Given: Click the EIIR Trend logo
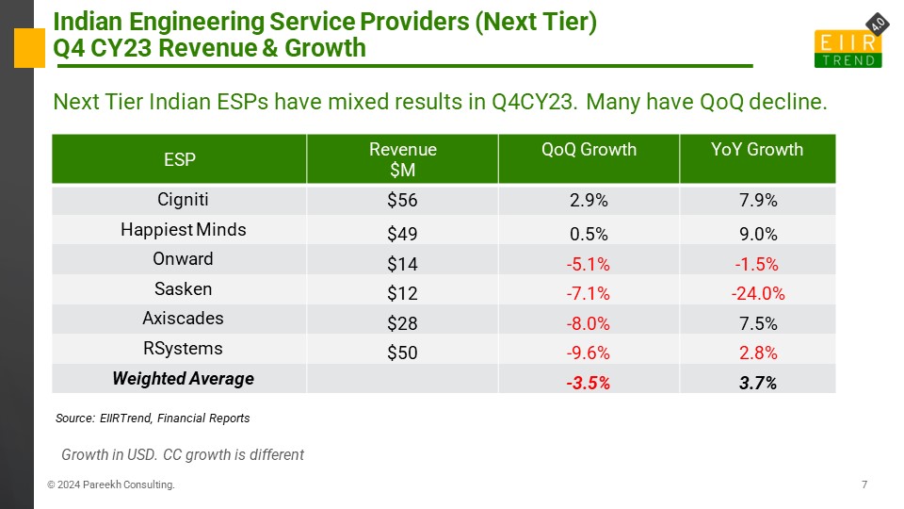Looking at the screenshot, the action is tap(849, 41).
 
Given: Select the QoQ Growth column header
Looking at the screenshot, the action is tap(589, 150).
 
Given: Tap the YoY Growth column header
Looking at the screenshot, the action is tap(756, 150).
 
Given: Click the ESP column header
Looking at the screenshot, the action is tap(179, 159).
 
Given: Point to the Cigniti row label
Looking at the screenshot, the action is tap(183, 200).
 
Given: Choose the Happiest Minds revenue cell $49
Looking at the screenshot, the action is tap(402, 234).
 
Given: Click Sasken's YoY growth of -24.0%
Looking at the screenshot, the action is tap(757, 293).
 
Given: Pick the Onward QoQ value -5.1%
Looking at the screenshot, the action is tap(588, 264).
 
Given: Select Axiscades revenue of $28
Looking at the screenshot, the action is tap(402, 323).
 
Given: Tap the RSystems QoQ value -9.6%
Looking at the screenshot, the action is tap(588, 353).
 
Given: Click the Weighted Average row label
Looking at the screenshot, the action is tap(183, 379).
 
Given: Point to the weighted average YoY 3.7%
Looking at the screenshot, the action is tap(757, 383).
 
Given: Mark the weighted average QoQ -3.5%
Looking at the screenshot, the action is tap(588, 383).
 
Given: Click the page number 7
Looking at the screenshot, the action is tap(864, 484).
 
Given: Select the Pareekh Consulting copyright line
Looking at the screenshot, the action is tap(111, 484).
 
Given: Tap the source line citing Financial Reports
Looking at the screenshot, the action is tap(153, 418).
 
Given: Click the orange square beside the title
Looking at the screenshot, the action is tap(29, 48).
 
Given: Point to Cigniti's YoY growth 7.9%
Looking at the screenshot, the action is tap(757, 200).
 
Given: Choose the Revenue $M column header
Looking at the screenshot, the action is tap(402, 159).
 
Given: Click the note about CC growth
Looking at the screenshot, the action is tap(182, 454).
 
